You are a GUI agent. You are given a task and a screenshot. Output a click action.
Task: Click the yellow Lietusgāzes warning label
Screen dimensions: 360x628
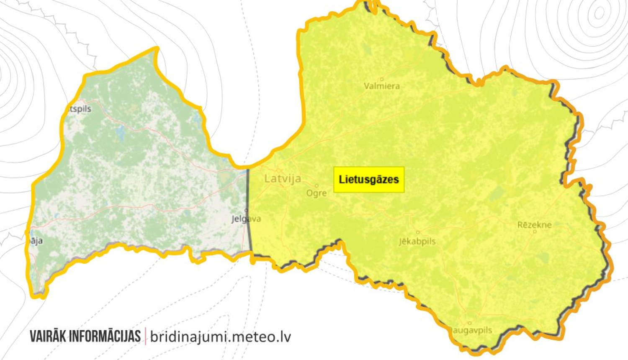click(369, 180)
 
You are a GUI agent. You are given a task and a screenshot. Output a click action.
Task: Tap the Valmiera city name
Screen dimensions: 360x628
click(381, 86)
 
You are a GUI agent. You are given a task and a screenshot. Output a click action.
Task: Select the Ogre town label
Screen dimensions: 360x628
click(317, 193)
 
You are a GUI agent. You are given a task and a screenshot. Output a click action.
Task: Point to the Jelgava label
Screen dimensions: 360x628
click(246, 219)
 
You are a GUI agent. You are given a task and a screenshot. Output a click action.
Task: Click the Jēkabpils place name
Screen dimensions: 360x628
click(417, 242)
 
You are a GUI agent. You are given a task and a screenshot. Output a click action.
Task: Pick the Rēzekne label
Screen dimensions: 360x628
click(534, 225)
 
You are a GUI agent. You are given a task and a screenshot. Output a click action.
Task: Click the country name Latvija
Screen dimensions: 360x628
click(283, 179)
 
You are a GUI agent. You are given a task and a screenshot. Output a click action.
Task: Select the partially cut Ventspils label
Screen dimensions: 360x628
click(78, 109)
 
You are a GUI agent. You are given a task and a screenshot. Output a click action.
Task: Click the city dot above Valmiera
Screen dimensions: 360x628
click(381, 79)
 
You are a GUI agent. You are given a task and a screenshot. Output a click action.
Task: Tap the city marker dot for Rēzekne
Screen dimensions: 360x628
click(535, 231)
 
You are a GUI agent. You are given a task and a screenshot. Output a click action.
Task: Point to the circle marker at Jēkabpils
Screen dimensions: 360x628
click(417, 232)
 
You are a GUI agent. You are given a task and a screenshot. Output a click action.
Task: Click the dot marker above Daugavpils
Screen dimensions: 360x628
click(470, 323)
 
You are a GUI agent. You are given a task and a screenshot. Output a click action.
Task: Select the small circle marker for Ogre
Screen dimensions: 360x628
click(317, 186)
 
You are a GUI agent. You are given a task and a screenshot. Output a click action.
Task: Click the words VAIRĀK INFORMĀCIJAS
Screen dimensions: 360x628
click(85, 336)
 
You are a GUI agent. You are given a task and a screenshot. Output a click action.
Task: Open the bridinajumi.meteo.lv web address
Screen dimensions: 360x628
click(220, 337)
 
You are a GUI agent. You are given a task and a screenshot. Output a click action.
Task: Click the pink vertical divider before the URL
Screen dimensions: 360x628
click(145, 336)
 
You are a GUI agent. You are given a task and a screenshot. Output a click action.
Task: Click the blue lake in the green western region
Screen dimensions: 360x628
click(121, 133)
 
